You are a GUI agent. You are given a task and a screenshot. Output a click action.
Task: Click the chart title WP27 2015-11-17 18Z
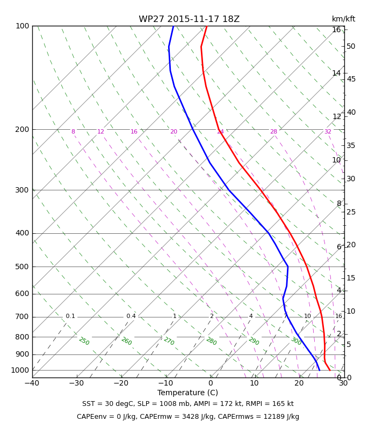pyautogui.click(x=189, y=19)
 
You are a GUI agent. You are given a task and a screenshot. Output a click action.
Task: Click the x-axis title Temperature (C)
pyautogui.click(x=187, y=393)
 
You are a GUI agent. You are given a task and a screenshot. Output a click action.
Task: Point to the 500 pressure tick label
pyautogui.click(x=22, y=267)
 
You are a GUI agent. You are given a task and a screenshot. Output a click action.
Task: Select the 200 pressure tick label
pyautogui.click(x=22, y=129)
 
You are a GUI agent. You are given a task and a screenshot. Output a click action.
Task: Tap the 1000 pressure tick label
pyautogui.click(x=20, y=370)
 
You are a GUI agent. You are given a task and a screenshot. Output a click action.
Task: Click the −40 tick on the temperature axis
pyautogui.click(x=32, y=383)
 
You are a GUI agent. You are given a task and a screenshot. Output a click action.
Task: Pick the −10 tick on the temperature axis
pyautogui.click(x=166, y=383)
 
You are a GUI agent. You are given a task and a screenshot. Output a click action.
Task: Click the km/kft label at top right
pyautogui.click(x=343, y=19)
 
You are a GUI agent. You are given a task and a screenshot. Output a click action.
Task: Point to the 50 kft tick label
pyautogui.click(x=351, y=46)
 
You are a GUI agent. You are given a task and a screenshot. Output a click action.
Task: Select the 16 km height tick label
pyautogui.click(x=336, y=29)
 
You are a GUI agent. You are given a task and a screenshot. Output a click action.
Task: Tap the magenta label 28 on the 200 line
pyautogui.click(x=273, y=131)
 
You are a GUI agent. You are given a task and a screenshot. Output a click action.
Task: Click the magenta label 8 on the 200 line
pyautogui.click(x=73, y=131)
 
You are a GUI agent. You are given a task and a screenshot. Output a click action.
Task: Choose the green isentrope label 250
pyautogui.click(x=84, y=341)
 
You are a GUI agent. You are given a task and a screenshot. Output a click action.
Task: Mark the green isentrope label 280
pyautogui.click(x=211, y=341)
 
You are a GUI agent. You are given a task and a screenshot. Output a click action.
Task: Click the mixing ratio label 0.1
pyautogui.click(x=70, y=316)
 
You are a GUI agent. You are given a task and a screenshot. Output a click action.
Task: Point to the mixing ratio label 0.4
pyautogui.click(x=131, y=316)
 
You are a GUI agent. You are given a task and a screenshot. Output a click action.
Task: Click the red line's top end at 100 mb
pyautogui.click(x=207, y=26)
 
